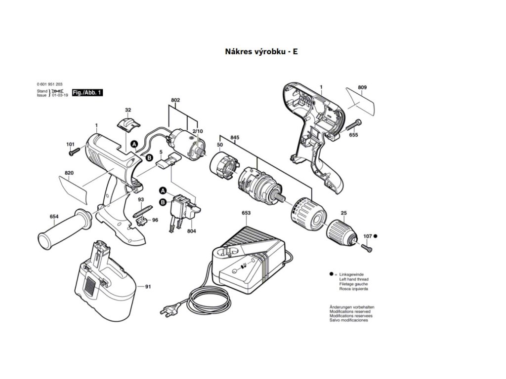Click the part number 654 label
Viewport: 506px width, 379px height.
coord(54,216)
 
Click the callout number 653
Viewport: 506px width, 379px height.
coord(246,213)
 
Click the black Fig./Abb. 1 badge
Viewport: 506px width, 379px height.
coord(87,92)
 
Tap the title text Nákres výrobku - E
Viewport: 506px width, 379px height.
coord(255,51)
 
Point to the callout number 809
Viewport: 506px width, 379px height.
coord(363,87)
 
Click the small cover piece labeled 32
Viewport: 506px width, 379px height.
coord(128,121)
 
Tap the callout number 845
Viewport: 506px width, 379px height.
coord(234,138)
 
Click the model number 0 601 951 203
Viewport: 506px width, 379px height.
coord(49,85)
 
